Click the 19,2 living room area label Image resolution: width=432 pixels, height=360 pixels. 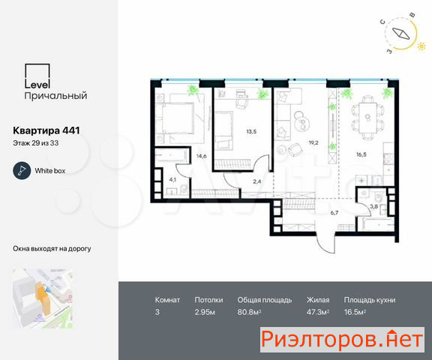coord(313,142)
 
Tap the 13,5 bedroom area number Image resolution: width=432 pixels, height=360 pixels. coord(251,132)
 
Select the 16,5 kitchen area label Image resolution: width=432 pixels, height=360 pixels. coord(361,154)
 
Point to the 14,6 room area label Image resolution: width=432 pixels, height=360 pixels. coord(202,156)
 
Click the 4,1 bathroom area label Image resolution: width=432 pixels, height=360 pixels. coord(172,180)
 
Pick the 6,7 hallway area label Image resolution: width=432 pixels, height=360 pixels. coord(334,213)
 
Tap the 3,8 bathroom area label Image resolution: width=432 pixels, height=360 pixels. coord(373,206)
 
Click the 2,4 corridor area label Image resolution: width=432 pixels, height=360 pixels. coord(256,181)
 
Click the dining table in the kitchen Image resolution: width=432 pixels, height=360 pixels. coord(367,118)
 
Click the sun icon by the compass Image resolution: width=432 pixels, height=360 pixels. coord(421,46)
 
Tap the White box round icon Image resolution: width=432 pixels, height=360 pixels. coord(22,171)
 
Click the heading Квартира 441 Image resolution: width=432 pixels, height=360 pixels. coord(46,130)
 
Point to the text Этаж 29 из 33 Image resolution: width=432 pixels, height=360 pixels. coord(35,143)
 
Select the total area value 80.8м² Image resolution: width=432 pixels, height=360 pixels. coord(249,312)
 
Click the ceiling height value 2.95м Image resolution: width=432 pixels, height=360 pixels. coord(205,312)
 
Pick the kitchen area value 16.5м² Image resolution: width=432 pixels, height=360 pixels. coord(355,312)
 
